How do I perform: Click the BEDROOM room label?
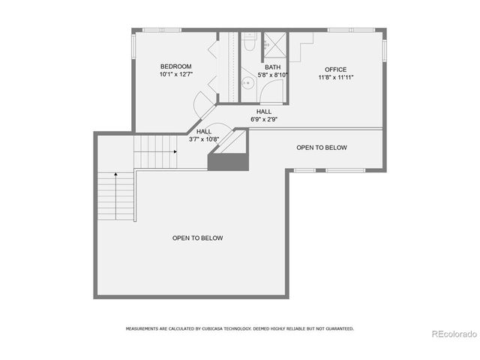pos(175,66)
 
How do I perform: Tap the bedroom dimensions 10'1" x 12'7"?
pos(175,74)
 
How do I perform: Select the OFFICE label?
pos(336,69)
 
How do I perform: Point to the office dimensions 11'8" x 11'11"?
pos(336,77)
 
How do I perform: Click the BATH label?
pos(273,67)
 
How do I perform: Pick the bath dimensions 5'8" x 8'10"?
pos(273,75)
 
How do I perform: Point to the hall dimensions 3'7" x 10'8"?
pos(204,139)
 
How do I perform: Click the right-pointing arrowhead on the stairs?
pos(175,151)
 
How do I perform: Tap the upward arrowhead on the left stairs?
pos(115,174)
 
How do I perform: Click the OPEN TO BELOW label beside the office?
pos(322,148)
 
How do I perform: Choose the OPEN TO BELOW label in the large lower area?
pos(197,238)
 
